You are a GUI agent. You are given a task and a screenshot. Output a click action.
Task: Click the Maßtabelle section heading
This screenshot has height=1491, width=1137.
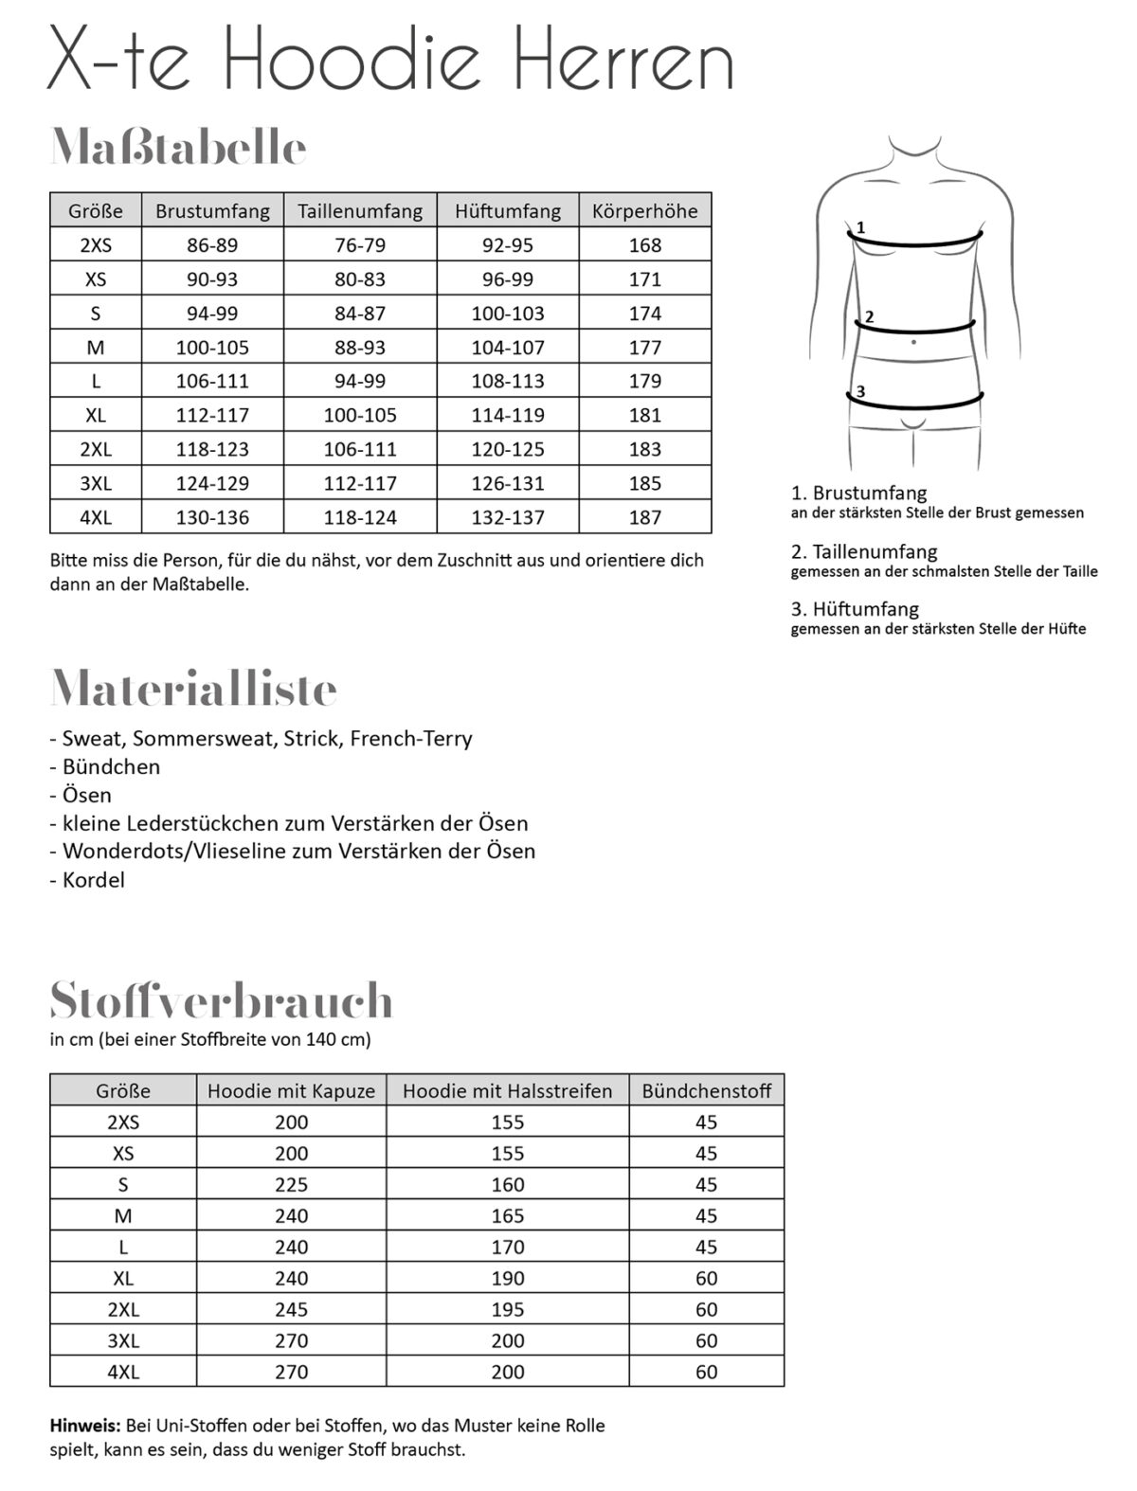pos(178,149)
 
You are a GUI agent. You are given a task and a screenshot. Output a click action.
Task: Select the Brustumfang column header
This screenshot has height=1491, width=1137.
pos(212,210)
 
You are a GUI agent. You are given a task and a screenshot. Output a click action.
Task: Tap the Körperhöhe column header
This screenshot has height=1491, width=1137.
pos(644,210)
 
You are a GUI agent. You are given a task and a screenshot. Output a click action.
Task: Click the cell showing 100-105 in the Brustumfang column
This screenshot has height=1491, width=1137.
pos(212,348)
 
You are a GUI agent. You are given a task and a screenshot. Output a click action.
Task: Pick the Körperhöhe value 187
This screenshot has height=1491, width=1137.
pos(644,517)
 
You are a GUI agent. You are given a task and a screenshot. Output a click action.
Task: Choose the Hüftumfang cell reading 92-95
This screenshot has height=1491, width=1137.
pos(508,245)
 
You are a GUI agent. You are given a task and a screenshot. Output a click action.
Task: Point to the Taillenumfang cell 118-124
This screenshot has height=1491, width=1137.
pos(360,517)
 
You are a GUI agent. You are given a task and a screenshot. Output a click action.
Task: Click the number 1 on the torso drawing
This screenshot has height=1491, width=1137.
pos(860,227)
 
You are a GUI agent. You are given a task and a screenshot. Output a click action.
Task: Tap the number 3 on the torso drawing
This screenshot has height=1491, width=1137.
pos(860,391)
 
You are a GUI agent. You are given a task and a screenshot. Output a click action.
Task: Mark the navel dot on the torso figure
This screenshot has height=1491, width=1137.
pos(913,341)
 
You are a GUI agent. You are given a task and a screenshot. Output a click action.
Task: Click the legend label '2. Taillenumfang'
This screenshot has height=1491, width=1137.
pos(864,551)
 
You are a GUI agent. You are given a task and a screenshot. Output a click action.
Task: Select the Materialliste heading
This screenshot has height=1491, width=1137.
pos(193,689)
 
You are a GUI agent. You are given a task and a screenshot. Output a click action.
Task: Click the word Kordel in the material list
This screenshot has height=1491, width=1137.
pos(93,880)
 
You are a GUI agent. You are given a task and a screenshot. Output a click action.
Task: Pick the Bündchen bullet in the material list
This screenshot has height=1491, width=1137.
pos(111,767)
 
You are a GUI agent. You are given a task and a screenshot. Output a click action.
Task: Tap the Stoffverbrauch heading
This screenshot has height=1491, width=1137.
pos(221,1000)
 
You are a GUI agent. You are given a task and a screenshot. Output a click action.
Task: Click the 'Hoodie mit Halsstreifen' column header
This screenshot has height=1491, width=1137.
pos(507,1091)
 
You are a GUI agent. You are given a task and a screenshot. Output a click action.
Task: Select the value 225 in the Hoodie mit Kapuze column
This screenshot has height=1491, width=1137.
pos(291,1185)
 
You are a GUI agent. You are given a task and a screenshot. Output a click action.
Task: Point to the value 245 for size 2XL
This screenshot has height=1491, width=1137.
pos(291,1310)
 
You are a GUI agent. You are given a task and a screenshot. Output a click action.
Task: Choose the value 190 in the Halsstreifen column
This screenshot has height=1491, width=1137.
pos(507,1279)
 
